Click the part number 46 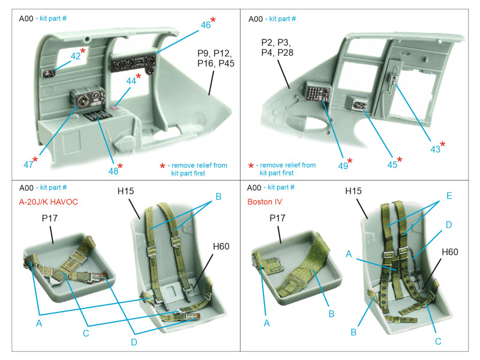tap(205, 25)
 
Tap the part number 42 tap(76, 55)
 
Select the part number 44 tap(131, 80)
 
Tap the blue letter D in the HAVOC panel tap(133, 342)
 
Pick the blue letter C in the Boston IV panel tap(439, 341)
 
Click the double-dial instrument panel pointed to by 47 tap(86, 98)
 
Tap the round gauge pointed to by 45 tap(359, 105)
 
